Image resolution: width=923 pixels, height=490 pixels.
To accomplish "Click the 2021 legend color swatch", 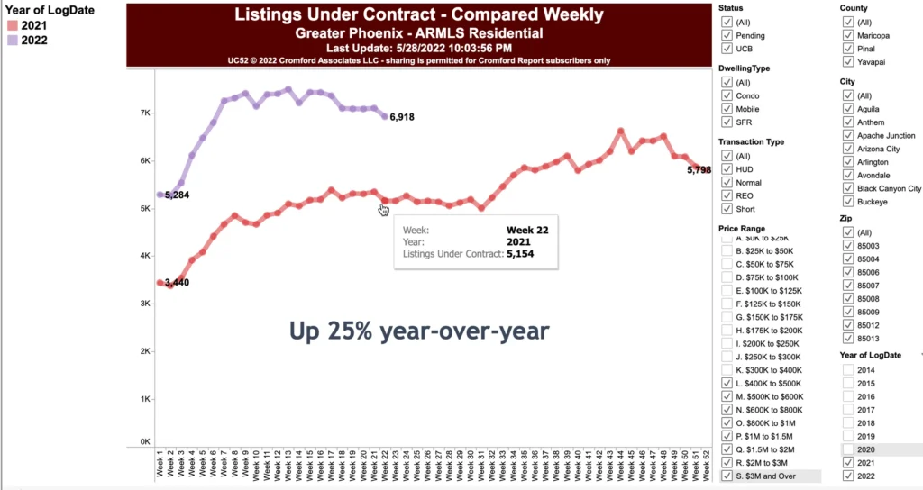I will (x=12, y=25).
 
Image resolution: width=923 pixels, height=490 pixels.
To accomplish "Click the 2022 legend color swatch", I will (x=12, y=40).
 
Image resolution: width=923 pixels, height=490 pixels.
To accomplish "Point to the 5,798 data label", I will (x=699, y=169).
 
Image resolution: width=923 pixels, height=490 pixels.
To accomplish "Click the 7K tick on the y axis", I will (x=144, y=113).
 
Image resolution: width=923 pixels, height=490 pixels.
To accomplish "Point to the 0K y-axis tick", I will (x=144, y=441).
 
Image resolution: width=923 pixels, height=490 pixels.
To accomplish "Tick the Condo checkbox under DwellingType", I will (x=727, y=95).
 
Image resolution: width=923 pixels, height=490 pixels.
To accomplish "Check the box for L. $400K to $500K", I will (x=727, y=384).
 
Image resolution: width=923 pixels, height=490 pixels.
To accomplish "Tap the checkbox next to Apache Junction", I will (x=848, y=135).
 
